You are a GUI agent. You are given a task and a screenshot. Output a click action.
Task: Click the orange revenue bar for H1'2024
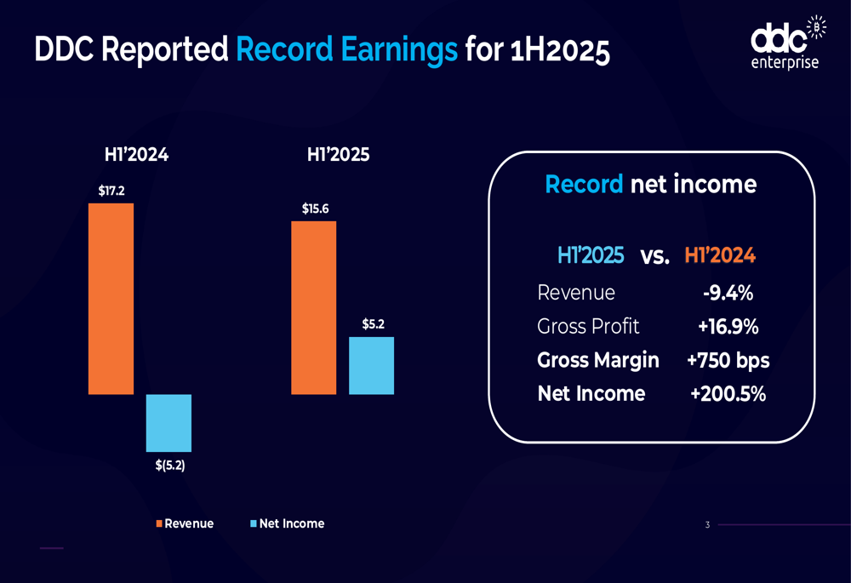(111, 298)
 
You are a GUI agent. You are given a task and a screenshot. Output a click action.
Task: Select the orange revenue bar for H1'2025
(313, 307)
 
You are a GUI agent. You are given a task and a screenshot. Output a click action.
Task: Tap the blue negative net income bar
(168, 422)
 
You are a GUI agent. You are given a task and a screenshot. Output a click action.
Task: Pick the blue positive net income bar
(371, 365)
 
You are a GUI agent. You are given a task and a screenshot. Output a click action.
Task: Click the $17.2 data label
(111, 191)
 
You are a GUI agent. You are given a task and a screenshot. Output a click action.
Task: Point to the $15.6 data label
(314, 209)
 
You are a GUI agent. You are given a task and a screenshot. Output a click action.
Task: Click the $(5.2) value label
(169, 466)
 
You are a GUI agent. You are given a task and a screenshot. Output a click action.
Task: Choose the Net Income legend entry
(287, 523)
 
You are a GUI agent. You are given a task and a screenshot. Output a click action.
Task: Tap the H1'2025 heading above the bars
(338, 156)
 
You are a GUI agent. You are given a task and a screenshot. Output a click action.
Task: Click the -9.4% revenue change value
(728, 293)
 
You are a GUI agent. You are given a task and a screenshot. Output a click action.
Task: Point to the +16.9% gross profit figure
(728, 327)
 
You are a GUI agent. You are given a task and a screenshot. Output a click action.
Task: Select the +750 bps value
(728, 360)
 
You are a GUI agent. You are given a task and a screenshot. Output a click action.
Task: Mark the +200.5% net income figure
(728, 394)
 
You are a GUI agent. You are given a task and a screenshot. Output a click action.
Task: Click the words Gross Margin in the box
(598, 360)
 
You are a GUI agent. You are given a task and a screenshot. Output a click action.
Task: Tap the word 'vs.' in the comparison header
(654, 256)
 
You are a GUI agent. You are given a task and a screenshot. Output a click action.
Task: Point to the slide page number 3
(707, 525)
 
